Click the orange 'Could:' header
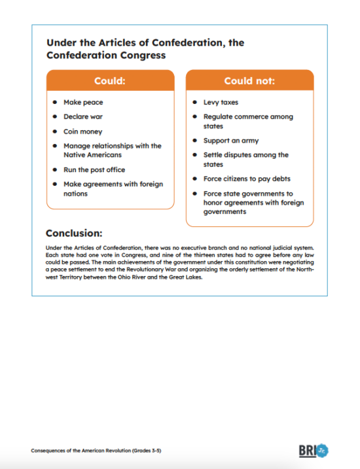(x=110, y=81)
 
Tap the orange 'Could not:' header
(x=249, y=81)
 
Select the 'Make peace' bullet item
(x=83, y=103)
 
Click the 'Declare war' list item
(x=83, y=117)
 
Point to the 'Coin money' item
(x=82, y=131)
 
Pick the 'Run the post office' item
(x=94, y=170)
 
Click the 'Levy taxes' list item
(x=221, y=103)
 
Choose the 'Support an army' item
(x=231, y=141)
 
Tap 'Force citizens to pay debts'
(x=247, y=179)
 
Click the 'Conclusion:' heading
(x=74, y=233)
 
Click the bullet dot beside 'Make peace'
(x=54, y=103)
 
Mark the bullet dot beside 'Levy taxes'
(x=194, y=103)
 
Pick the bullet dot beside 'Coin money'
(x=54, y=131)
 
